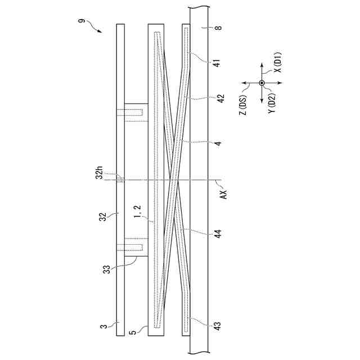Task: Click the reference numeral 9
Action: click(x=82, y=21)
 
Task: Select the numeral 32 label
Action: click(x=103, y=217)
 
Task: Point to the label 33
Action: click(x=106, y=269)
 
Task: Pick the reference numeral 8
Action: click(x=219, y=28)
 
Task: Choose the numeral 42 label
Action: click(x=220, y=98)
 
